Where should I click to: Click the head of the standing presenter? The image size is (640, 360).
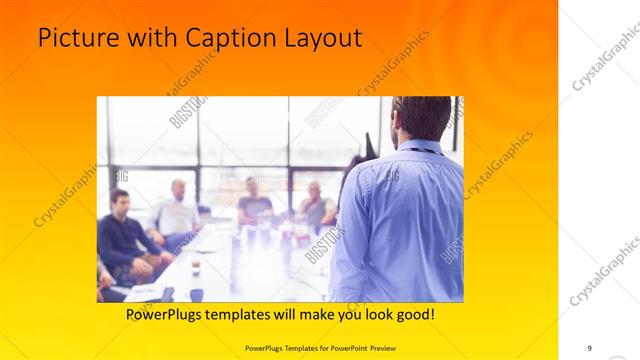[x=420, y=117]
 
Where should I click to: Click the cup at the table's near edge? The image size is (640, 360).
[x=196, y=294]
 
